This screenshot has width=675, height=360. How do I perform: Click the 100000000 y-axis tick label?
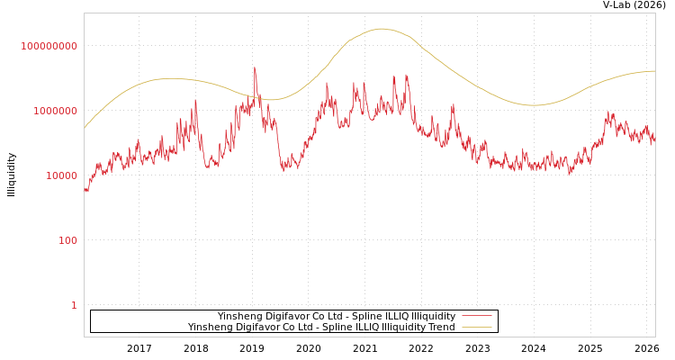(49, 46)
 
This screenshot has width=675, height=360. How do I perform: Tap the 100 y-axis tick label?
(67, 240)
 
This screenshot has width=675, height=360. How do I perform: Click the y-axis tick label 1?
(74, 305)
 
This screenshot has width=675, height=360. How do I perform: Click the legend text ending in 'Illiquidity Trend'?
(321, 328)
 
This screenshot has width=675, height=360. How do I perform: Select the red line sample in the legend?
(476, 316)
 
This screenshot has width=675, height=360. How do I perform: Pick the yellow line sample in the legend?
(476, 328)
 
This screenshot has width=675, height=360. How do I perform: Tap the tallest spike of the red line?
(255, 67)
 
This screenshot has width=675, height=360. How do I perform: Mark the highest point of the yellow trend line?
(381, 29)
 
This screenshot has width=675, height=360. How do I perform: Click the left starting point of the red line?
(85, 189)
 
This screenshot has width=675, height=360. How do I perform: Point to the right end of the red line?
(654, 139)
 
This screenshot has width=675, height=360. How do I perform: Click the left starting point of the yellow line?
(85, 128)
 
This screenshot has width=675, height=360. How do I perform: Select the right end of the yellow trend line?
(654, 71)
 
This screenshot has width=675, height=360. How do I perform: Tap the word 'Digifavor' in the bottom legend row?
(257, 328)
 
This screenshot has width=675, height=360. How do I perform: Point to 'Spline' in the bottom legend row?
(329, 328)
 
